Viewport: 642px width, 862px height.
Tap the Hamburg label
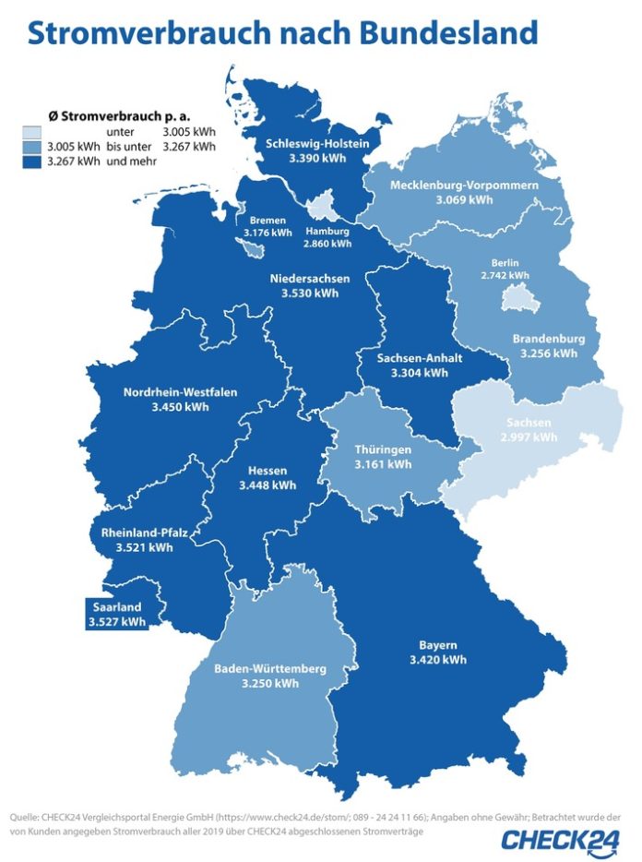tap(328, 231)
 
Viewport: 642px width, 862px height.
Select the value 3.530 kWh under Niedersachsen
tap(308, 293)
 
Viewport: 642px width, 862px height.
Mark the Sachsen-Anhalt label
tap(419, 359)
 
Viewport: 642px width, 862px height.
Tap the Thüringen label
tap(383, 449)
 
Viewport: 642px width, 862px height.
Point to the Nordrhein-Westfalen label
tap(180, 392)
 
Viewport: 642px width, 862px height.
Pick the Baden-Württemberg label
tap(268, 668)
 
